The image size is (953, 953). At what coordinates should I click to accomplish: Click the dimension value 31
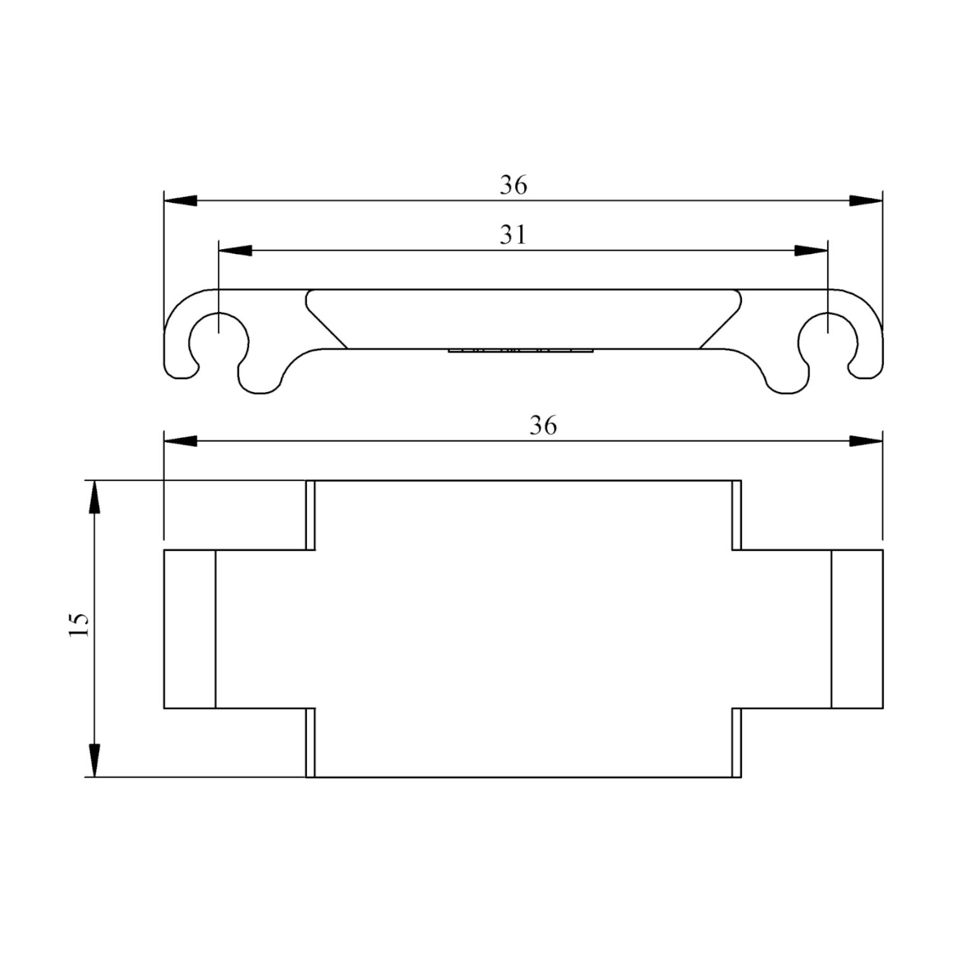513,235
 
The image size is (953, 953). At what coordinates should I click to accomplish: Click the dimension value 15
79,625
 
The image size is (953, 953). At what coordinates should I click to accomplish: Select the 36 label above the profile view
513,185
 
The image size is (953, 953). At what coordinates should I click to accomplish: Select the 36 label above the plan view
543,425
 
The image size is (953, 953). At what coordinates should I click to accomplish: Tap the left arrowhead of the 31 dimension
234,250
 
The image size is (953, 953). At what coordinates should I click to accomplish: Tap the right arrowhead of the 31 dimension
811,250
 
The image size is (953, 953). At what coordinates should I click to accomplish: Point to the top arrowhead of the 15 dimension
94,497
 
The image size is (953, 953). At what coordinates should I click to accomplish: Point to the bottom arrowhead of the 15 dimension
94,760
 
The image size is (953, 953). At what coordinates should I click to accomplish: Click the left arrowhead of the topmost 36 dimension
180,201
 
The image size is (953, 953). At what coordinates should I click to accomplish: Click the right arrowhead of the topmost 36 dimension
866,201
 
